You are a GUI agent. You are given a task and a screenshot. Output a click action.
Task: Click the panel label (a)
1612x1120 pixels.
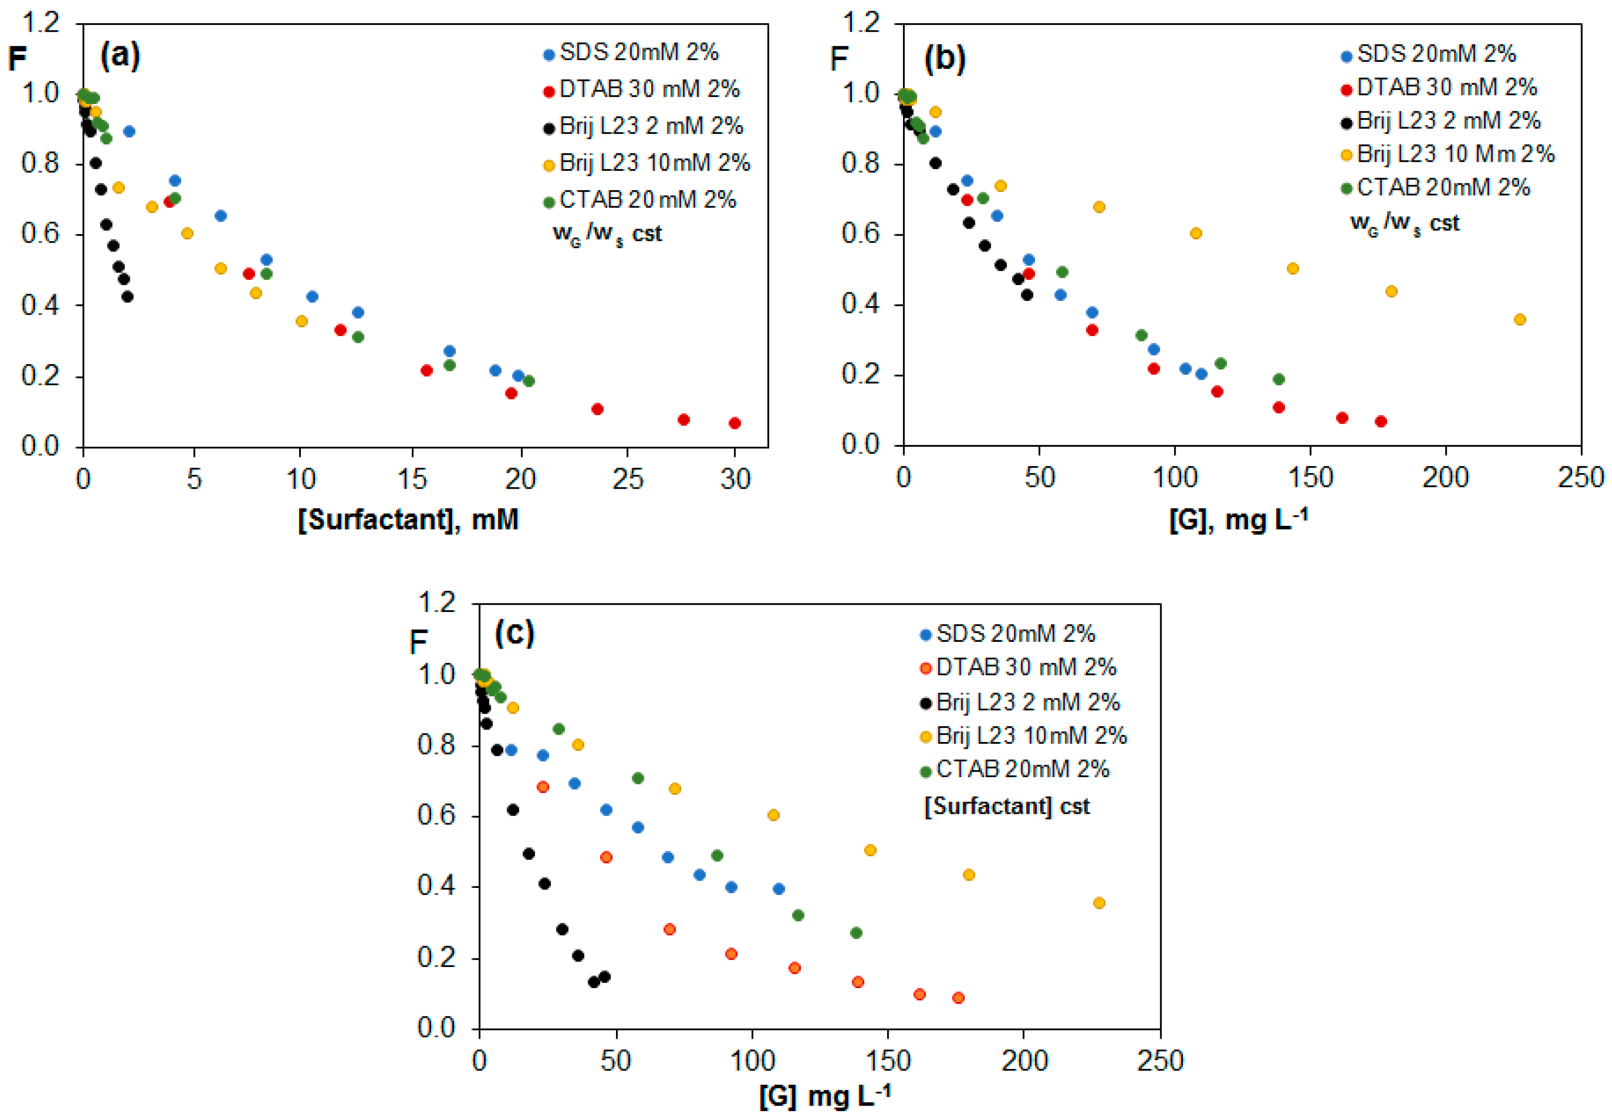pyautogui.click(x=120, y=55)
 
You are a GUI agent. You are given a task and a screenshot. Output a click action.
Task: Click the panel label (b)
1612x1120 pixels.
pyautogui.click(x=944, y=58)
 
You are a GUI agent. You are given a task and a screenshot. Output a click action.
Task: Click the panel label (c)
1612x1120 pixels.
pyautogui.click(x=514, y=633)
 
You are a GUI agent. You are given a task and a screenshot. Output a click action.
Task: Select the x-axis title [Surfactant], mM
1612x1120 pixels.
pyautogui.click(x=408, y=519)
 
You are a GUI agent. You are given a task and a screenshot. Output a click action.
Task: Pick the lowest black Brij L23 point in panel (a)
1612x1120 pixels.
pyautogui.click(x=127, y=297)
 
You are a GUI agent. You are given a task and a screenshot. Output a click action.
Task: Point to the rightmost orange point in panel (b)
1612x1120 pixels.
pyautogui.click(x=1520, y=319)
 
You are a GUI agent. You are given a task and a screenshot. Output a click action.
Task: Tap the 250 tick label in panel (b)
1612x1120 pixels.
pyautogui.click(x=1580, y=478)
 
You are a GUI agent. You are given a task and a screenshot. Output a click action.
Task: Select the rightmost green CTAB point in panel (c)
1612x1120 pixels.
pyautogui.click(x=855, y=933)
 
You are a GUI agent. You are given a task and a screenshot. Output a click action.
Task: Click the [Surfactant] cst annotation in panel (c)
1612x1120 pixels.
pyautogui.click(x=1007, y=807)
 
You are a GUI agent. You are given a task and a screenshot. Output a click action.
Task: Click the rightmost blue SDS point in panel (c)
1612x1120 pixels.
pyautogui.click(x=778, y=888)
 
